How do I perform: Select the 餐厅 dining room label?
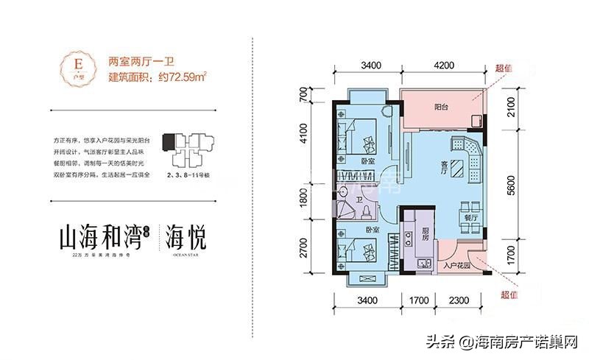pos(468,218)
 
